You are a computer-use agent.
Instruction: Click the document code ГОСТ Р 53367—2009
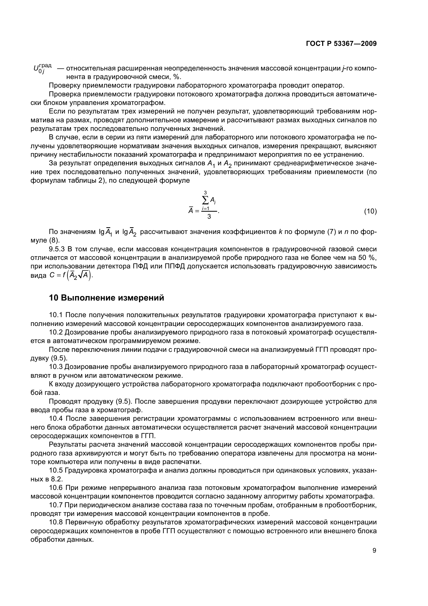click(x=341, y=44)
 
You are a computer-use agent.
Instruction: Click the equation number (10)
click(x=370, y=211)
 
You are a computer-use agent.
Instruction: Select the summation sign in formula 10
click(x=205, y=201)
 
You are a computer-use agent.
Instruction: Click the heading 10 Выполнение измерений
click(x=106, y=298)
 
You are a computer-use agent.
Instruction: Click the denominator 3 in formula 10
click(x=209, y=217)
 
